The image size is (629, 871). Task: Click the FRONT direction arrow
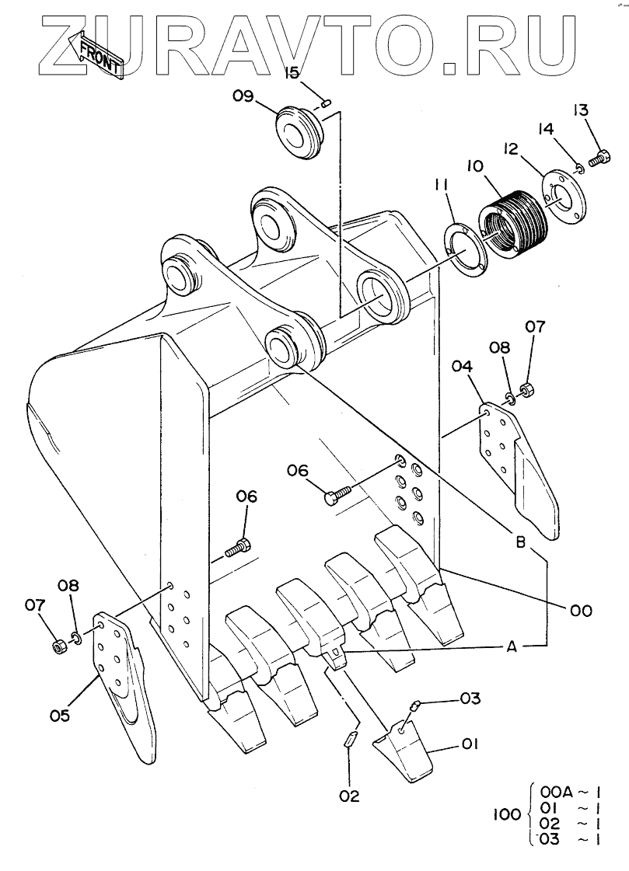pos(94,54)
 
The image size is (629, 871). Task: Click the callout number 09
pos(243,96)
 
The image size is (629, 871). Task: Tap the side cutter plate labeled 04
pos(518,469)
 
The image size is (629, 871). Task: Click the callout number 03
pos(470,699)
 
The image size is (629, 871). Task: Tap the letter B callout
pos(521,542)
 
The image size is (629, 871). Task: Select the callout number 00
pos(581,611)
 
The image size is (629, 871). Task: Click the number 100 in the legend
pos(507,814)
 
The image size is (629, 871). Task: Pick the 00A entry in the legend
pos(556,792)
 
